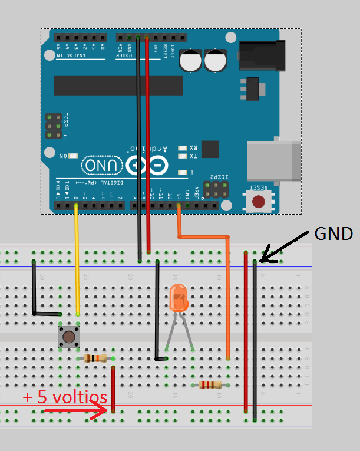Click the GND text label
click(333, 233)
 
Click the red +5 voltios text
click(65, 397)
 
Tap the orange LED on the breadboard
click(178, 299)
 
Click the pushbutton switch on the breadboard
click(69, 337)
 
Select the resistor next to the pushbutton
click(95, 358)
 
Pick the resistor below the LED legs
click(210, 385)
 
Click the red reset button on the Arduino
click(258, 202)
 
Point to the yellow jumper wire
click(77, 259)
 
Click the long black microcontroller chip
click(115, 85)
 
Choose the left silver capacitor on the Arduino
click(191, 60)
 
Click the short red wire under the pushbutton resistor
click(113, 389)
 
